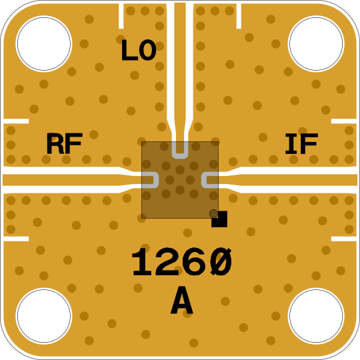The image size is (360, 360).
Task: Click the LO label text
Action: (x=139, y=50)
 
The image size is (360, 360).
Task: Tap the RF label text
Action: (x=65, y=143)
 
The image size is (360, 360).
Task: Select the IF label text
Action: (x=301, y=143)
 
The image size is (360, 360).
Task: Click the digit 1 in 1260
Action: (x=142, y=262)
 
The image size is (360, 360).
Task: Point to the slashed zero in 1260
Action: (x=220, y=262)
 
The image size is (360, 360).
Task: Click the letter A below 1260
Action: (x=182, y=300)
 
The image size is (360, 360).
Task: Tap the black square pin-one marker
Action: (x=219, y=219)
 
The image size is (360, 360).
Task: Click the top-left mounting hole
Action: (x=44, y=44)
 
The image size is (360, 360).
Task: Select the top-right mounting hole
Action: (x=316, y=44)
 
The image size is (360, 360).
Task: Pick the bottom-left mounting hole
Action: (x=44, y=316)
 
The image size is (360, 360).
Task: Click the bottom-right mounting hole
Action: (x=316, y=316)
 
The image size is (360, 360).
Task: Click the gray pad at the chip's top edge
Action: (x=180, y=157)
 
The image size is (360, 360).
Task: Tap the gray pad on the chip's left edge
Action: (x=157, y=180)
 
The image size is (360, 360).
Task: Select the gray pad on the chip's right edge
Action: (x=203, y=180)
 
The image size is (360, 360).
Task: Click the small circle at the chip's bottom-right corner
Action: (x=213, y=213)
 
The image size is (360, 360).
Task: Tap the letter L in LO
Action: (x=130, y=50)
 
